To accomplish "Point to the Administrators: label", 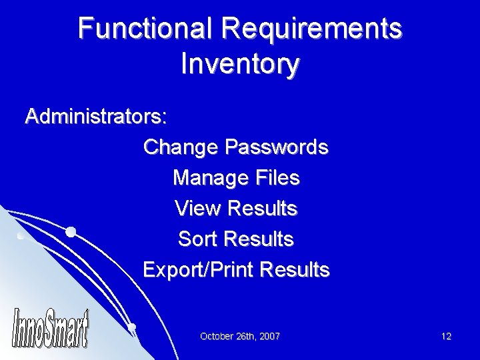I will click(x=96, y=117).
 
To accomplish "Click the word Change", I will click(x=180, y=147).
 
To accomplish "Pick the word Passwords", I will click(x=277, y=147).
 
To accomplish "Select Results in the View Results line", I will click(x=262, y=209).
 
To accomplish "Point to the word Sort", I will click(x=199, y=239).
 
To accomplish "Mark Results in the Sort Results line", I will click(x=260, y=239).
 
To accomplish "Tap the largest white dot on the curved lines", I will click(x=70, y=232).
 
